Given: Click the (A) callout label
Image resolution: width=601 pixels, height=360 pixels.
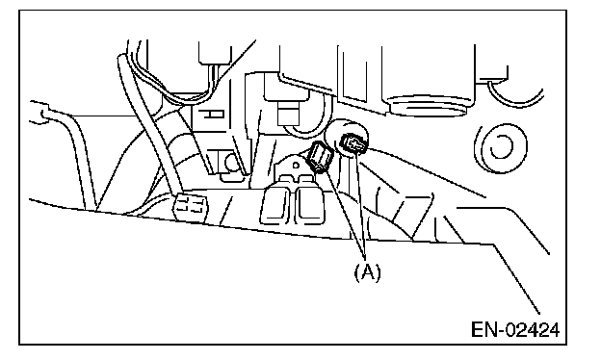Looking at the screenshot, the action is (368, 272).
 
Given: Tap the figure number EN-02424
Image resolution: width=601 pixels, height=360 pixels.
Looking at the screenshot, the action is (515, 330).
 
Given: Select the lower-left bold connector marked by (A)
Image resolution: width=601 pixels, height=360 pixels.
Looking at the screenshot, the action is (320, 157).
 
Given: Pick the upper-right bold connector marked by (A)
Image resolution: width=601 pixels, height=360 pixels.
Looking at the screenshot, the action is (353, 144).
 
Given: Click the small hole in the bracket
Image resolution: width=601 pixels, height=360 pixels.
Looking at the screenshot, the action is (296, 166).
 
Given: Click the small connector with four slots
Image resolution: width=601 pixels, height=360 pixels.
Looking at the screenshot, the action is (189, 207).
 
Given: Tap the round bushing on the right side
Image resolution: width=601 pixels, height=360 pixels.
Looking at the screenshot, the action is (500, 147).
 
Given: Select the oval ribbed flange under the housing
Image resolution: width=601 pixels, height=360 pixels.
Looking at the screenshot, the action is (429, 105).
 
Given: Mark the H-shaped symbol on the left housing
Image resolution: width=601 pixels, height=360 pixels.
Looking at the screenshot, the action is (213, 114).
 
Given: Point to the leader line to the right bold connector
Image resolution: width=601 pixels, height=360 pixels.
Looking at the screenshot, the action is (361, 202).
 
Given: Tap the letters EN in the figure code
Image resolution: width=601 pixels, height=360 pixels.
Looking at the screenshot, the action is (484, 330).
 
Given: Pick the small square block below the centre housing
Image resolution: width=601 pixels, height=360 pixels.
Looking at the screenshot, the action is (287, 113).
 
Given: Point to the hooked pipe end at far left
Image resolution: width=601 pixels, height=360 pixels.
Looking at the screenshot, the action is (39, 112).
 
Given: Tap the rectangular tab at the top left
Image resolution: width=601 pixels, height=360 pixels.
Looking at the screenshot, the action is (215, 53).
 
